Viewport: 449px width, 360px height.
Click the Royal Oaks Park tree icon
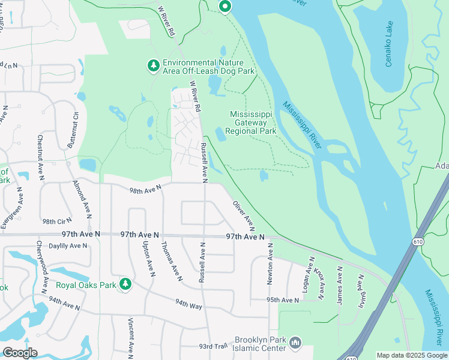[125, 284]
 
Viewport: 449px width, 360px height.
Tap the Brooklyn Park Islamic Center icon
[295, 343]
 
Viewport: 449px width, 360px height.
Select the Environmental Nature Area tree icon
[154, 65]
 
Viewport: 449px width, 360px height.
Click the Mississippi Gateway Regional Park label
[250, 122]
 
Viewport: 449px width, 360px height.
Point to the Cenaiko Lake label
[389, 44]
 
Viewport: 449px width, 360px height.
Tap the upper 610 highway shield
[417, 241]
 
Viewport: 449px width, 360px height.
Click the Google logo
[20, 352]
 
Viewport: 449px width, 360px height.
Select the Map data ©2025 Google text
[411, 355]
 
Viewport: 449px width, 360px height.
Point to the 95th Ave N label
[283, 300]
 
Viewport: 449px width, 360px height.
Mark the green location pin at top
[225, 7]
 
